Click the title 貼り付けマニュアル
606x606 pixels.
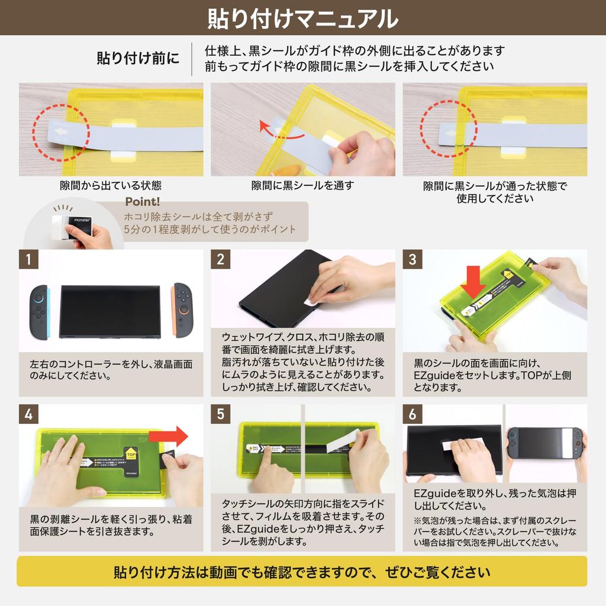(x=302, y=18)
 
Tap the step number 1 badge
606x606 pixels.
(x=28, y=259)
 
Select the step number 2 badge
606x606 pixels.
(x=220, y=259)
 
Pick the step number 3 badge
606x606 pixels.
(x=412, y=259)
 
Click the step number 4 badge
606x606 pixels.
(x=28, y=414)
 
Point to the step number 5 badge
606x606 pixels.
(x=220, y=414)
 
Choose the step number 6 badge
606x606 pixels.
(x=412, y=414)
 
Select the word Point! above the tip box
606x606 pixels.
(x=142, y=202)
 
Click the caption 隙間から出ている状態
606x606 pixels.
(x=111, y=186)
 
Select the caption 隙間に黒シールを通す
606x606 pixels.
(x=302, y=186)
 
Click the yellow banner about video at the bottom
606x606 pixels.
(x=302, y=572)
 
